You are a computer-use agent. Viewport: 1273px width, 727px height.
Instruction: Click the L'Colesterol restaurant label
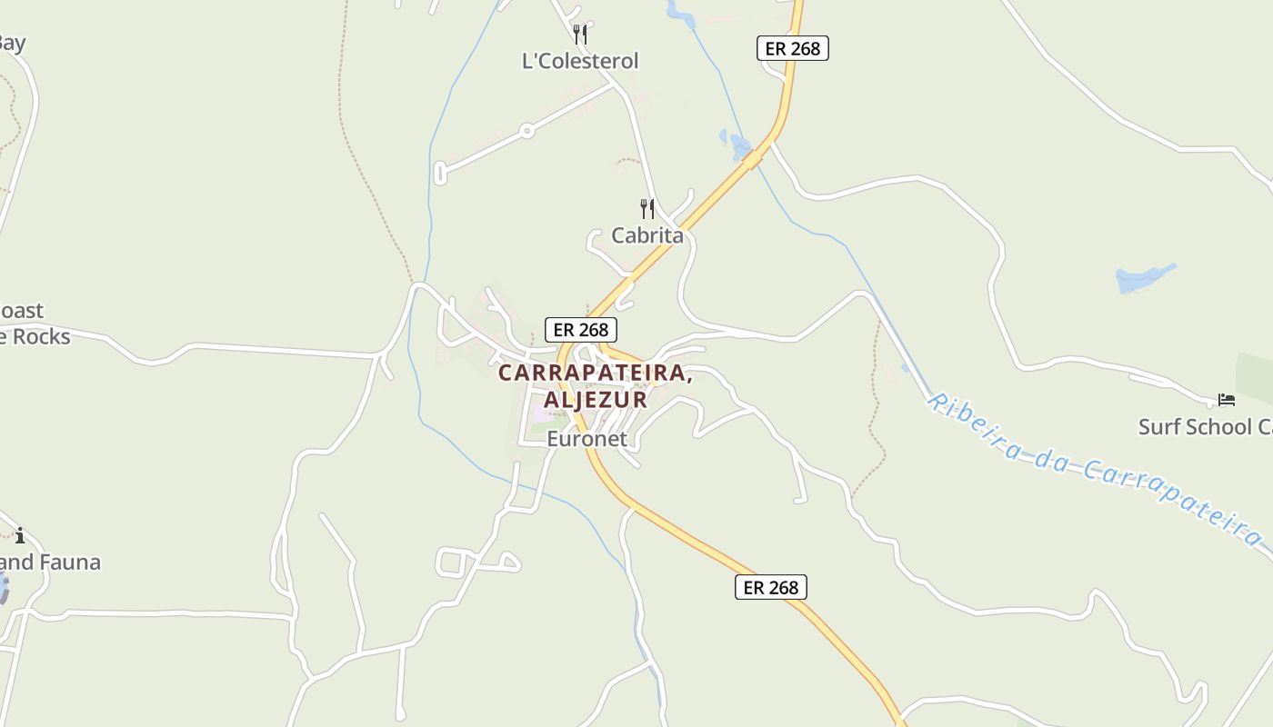coord(580,61)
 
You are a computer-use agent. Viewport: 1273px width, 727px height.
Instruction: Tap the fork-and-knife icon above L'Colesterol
coord(580,35)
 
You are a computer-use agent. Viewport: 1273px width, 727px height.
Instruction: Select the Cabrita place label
coord(647,235)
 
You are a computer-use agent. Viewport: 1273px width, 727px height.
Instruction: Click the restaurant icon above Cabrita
coord(647,209)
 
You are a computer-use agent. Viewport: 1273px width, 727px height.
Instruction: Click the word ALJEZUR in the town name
coord(596,399)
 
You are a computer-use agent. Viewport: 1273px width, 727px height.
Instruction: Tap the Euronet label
coord(586,439)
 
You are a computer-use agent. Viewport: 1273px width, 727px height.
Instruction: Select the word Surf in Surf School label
coord(1161,426)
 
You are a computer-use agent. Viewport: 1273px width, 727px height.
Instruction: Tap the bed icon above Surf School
coord(1227,400)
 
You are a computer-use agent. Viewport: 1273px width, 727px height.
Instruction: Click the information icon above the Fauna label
coord(20,535)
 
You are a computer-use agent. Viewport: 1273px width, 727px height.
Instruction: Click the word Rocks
coord(40,337)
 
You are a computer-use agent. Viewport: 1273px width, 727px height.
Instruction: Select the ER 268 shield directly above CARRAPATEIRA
coord(581,330)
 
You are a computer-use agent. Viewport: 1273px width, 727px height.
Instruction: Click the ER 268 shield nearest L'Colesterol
coord(793,48)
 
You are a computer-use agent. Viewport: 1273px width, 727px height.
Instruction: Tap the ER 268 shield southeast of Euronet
coord(770,587)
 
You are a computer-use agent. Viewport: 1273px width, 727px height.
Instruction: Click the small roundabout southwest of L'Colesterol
coord(526,132)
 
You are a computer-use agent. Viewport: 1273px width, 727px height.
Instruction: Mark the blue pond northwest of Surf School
coord(1143,278)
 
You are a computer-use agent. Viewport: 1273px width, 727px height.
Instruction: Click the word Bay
coord(11,43)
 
